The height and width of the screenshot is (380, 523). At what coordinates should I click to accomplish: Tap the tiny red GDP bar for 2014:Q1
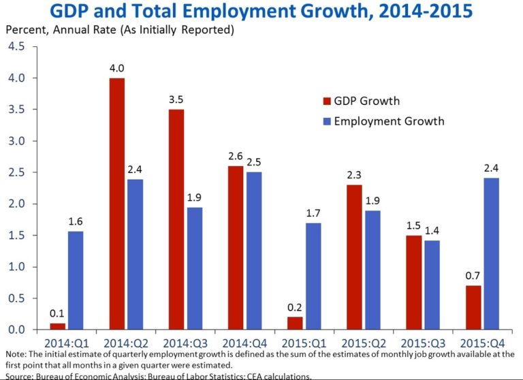point(58,326)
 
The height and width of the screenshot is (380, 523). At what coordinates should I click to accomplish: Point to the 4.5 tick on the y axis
point(16,46)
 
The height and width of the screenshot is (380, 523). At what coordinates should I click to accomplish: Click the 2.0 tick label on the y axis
point(16,204)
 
